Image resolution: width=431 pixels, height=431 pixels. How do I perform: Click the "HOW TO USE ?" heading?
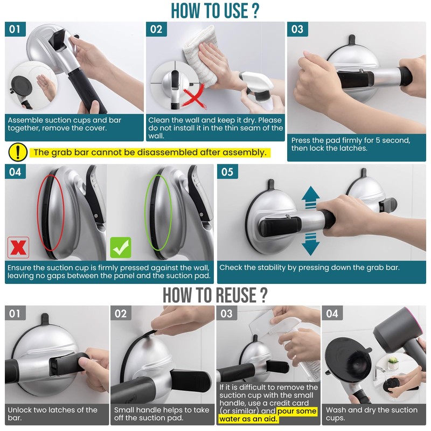pyautogui.click(x=215, y=10)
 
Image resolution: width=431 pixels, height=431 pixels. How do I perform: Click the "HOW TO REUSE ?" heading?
pyautogui.click(x=215, y=295)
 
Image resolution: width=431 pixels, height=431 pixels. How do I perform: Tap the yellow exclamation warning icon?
pyautogui.click(x=18, y=152)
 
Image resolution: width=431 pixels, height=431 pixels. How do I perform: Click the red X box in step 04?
pyautogui.click(x=18, y=247)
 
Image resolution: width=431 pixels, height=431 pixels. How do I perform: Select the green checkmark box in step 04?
pyautogui.click(x=121, y=247)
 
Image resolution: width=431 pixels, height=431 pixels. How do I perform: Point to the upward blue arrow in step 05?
pyautogui.click(x=311, y=197)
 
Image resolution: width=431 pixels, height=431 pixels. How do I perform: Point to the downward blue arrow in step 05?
pyautogui.click(x=311, y=244)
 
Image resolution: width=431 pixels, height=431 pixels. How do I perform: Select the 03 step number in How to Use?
pyautogui.click(x=297, y=29)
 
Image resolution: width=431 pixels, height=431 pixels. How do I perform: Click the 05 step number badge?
pyautogui.click(x=227, y=171)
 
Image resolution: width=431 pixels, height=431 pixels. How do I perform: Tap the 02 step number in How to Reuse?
pyautogui.click(x=121, y=313)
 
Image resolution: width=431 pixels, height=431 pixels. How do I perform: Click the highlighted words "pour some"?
pyautogui.click(x=297, y=411)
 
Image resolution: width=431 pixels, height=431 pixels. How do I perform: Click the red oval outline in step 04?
pyautogui.click(x=50, y=212)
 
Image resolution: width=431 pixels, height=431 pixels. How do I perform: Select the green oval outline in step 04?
pyautogui.click(x=158, y=212)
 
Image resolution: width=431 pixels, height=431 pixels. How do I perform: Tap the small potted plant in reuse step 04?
pyautogui.click(x=393, y=363)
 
